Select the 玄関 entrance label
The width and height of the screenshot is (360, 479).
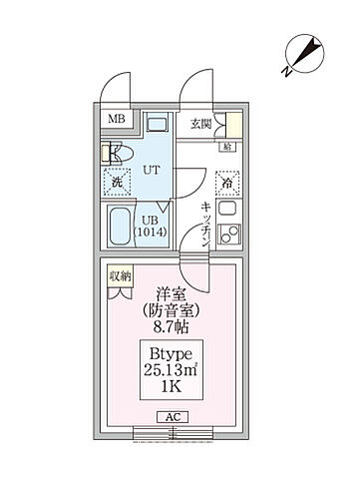pos(200,124)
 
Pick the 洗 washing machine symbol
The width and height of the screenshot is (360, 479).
pos(116,184)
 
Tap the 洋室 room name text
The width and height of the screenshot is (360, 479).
pos(166,293)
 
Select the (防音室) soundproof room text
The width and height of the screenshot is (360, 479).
pos(167,309)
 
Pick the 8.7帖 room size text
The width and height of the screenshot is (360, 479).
pos(168,326)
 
